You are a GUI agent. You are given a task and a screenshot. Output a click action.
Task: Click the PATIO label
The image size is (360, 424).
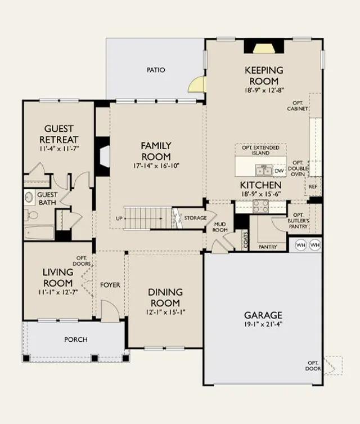(x=156, y=70)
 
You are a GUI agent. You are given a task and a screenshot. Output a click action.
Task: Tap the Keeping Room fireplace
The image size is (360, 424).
(x=264, y=46)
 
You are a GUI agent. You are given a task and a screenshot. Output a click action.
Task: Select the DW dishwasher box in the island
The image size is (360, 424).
(x=279, y=171)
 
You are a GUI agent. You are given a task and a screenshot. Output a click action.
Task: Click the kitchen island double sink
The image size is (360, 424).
(x=264, y=171)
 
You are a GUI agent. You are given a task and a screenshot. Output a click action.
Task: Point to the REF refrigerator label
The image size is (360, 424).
(x=313, y=186)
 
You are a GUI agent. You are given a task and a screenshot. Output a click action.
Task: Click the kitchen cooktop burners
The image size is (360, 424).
(x=260, y=207)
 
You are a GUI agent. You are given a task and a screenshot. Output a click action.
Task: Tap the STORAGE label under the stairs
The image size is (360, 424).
(x=195, y=218)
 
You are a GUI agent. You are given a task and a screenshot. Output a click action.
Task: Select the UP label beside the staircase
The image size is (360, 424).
(x=119, y=218)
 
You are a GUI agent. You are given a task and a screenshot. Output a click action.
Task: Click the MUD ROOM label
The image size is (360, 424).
(x=220, y=227)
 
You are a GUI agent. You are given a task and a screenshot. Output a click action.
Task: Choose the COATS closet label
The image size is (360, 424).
(x=246, y=240)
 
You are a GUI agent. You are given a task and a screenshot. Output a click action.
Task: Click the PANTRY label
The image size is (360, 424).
(x=268, y=247)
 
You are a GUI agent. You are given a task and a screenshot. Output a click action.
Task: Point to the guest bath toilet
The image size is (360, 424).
(x=31, y=215)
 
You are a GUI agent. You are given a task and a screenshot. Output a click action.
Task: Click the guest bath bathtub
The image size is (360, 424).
(x=39, y=233)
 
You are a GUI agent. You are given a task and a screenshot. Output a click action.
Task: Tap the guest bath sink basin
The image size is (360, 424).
(x=29, y=197)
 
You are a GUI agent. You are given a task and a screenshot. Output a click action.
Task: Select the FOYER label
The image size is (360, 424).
(x=110, y=285)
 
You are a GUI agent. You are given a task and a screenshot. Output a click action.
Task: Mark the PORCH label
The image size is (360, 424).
(x=76, y=340)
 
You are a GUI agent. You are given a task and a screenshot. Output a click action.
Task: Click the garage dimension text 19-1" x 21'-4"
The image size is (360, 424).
(x=263, y=324)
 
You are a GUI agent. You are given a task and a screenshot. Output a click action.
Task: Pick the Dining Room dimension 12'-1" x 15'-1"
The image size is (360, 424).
(x=165, y=312)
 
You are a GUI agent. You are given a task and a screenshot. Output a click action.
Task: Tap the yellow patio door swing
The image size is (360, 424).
(x=197, y=84)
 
